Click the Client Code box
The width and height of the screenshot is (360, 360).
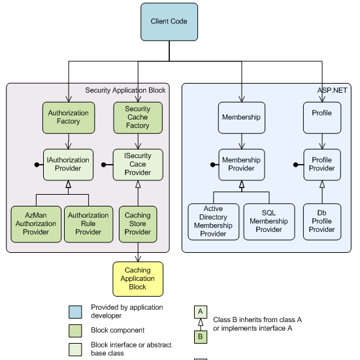169,22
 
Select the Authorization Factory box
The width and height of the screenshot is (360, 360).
69,118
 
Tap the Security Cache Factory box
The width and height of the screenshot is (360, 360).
138,118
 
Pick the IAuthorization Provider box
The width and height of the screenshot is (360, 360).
68,165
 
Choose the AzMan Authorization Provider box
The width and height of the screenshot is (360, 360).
36,224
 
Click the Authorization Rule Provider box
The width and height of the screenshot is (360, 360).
89,224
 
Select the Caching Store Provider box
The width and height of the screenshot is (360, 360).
138,224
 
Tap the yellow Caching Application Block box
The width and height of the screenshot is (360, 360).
138,279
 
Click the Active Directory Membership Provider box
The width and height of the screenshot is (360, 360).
214,221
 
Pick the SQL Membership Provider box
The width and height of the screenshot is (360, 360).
269,221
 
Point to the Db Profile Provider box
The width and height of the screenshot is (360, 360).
322,221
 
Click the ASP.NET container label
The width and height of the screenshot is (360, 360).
332,90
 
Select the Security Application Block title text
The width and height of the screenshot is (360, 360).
125,90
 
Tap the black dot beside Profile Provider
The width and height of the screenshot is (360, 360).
296,165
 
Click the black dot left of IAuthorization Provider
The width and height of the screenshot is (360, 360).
37,165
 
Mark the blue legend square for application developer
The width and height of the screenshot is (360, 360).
75,312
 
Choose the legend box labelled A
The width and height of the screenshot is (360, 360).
201,312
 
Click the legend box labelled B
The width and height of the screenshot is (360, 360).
201,337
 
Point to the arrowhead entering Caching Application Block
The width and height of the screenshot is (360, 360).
138,259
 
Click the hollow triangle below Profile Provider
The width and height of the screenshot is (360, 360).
322,184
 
